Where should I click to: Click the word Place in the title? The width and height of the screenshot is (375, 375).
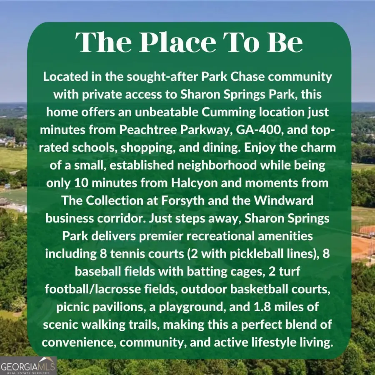pos(177,42)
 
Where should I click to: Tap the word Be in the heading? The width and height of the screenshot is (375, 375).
pos(285,42)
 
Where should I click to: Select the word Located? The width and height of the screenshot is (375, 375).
pos(65,77)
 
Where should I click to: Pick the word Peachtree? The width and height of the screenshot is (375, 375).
pos(148,130)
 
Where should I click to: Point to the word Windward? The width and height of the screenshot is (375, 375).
pos(283,200)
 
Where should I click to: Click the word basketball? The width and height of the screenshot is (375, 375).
pos(259,289)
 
